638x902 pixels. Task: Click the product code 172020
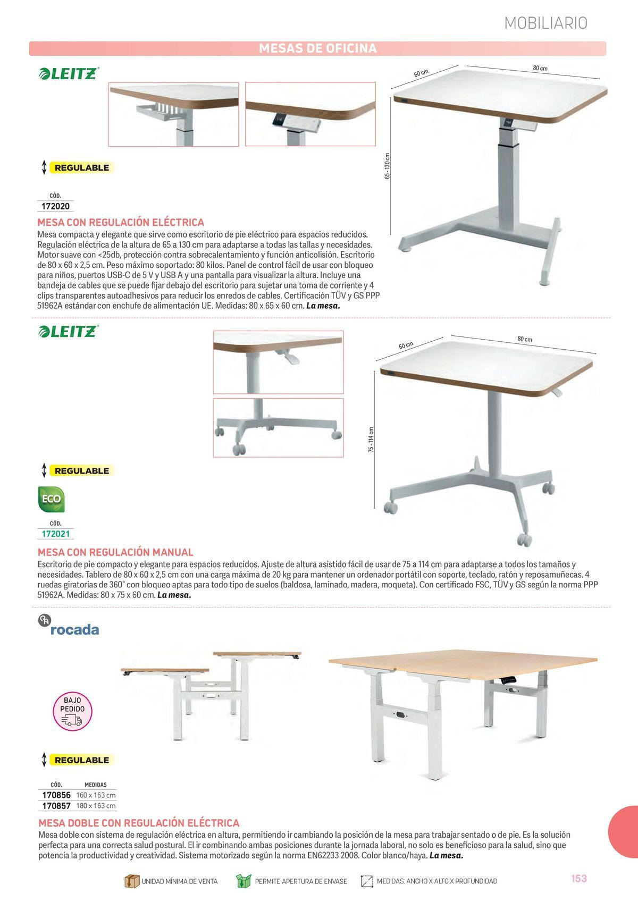pyautogui.click(x=55, y=206)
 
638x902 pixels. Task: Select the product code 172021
pyautogui.click(x=55, y=534)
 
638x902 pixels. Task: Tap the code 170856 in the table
pyautogui.click(x=56, y=795)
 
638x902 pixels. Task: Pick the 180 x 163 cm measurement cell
pyautogui.click(x=96, y=806)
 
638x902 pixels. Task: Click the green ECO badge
pyautogui.click(x=51, y=499)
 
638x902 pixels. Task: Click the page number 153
pyautogui.click(x=579, y=879)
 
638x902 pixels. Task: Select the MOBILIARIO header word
pyautogui.click(x=545, y=23)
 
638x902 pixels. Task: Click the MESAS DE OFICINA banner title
pyautogui.click(x=317, y=48)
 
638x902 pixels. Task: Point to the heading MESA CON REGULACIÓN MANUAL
pyautogui.click(x=115, y=552)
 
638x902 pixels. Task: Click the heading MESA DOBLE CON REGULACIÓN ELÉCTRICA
pyautogui.click(x=139, y=823)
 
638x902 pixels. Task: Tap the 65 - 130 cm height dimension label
pyautogui.click(x=388, y=166)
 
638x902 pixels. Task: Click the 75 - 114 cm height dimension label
pyautogui.click(x=371, y=440)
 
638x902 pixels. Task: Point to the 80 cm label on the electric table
pyautogui.click(x=540, y=68)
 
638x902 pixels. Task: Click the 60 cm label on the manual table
pyautogui.click(x=406, y=345)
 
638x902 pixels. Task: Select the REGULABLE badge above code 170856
pyautogui.click(x=81, y=760)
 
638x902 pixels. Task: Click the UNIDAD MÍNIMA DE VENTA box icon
pyautogui.click(x=131, y=881)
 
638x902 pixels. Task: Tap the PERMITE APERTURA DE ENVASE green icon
pyautogui.click(x=243, y=881)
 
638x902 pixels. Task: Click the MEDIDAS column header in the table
pyautogui.click(x=96, y=785)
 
